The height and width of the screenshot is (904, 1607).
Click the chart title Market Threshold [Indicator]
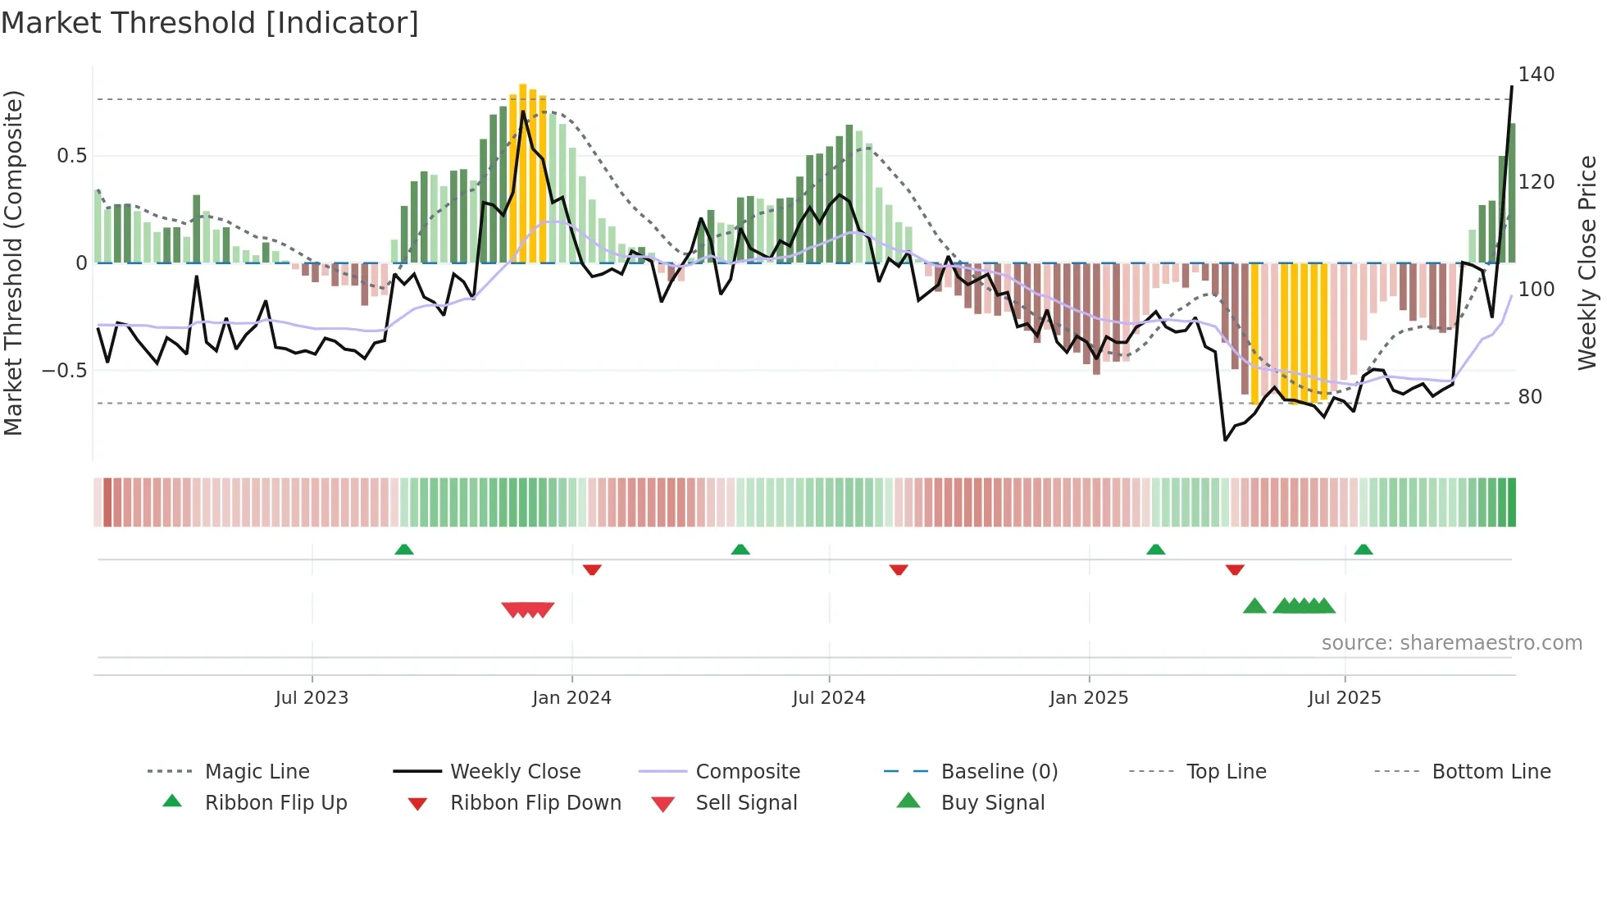coord(210,23)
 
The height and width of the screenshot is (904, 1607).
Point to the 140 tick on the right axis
coord(1536,75)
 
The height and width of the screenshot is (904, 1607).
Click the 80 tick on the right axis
coord(1529,397)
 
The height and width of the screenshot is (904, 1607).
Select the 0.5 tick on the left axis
coord(72,156)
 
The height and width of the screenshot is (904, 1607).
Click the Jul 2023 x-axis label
coord(312,698)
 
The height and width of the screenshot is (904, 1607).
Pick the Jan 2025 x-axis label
coord(1089,698)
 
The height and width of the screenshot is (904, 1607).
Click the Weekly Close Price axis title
coord(1587,263)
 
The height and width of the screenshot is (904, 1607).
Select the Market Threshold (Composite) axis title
coord(13,263)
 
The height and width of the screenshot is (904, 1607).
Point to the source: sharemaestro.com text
coord(1451,643)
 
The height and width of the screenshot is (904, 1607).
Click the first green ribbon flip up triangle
coord(404,550)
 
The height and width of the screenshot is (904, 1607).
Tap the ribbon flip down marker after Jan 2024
coord(592,569)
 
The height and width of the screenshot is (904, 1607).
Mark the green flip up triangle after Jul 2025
coord(1363,550)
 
